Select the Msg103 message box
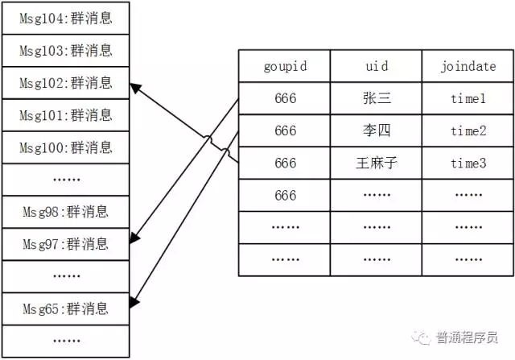(x=67, y=51)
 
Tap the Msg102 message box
(x=67, y=83)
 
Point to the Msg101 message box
(x=67, y=115)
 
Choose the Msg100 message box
(x=67, y=147)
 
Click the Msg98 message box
(x=67, y=213)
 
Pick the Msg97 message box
(x=67, y=243)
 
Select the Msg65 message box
(x=67, y=308)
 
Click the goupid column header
(x=284, y=66)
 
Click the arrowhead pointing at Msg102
(x=134, y=85)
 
